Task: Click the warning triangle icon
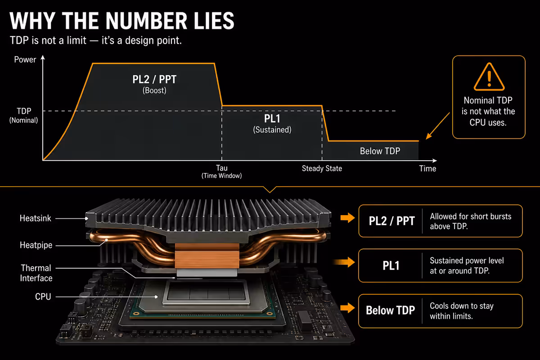coord(489,76)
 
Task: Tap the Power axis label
coord(25,59)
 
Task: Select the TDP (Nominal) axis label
coord(23,116)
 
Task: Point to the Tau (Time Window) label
coord(221,172)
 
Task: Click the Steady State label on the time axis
coord(322,168)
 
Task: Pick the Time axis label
coord(427,168)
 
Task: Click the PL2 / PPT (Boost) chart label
coord(154,84)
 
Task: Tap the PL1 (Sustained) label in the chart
coord(272,123)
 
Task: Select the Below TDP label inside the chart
coord(380,151)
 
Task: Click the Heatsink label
coord(36,218)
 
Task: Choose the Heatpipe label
coord(36,245)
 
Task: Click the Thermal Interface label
coord(36,273)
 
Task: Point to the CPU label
coord(43,297)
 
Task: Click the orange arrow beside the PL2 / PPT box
coord(347,218)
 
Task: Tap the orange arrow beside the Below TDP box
coord(347,308)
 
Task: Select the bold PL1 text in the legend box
coord(391,265)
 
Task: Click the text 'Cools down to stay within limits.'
coord(461,311)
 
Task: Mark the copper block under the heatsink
coord(207,256)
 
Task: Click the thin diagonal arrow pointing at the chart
coord(438,126)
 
